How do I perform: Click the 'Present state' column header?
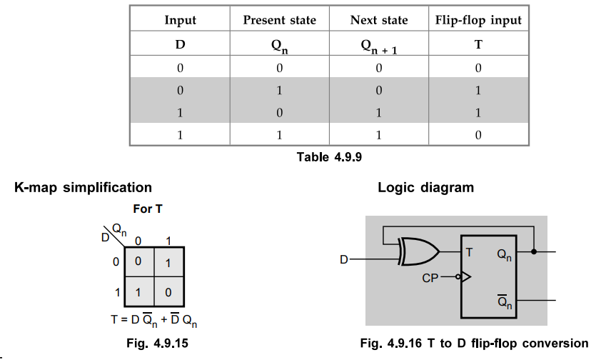[x=279, y=20]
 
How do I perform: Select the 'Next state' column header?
[x=378, y=20]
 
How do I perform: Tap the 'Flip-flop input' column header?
[x=478, y=20]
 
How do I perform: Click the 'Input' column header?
[x=180, y=20]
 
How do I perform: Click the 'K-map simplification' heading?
[x=83, y=188]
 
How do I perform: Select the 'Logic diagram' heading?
[x=425, y=188]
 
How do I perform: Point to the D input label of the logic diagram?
[x=343, y=260]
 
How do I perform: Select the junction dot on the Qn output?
[x=534, y=251]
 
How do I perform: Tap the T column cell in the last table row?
[x=478, y=134]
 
